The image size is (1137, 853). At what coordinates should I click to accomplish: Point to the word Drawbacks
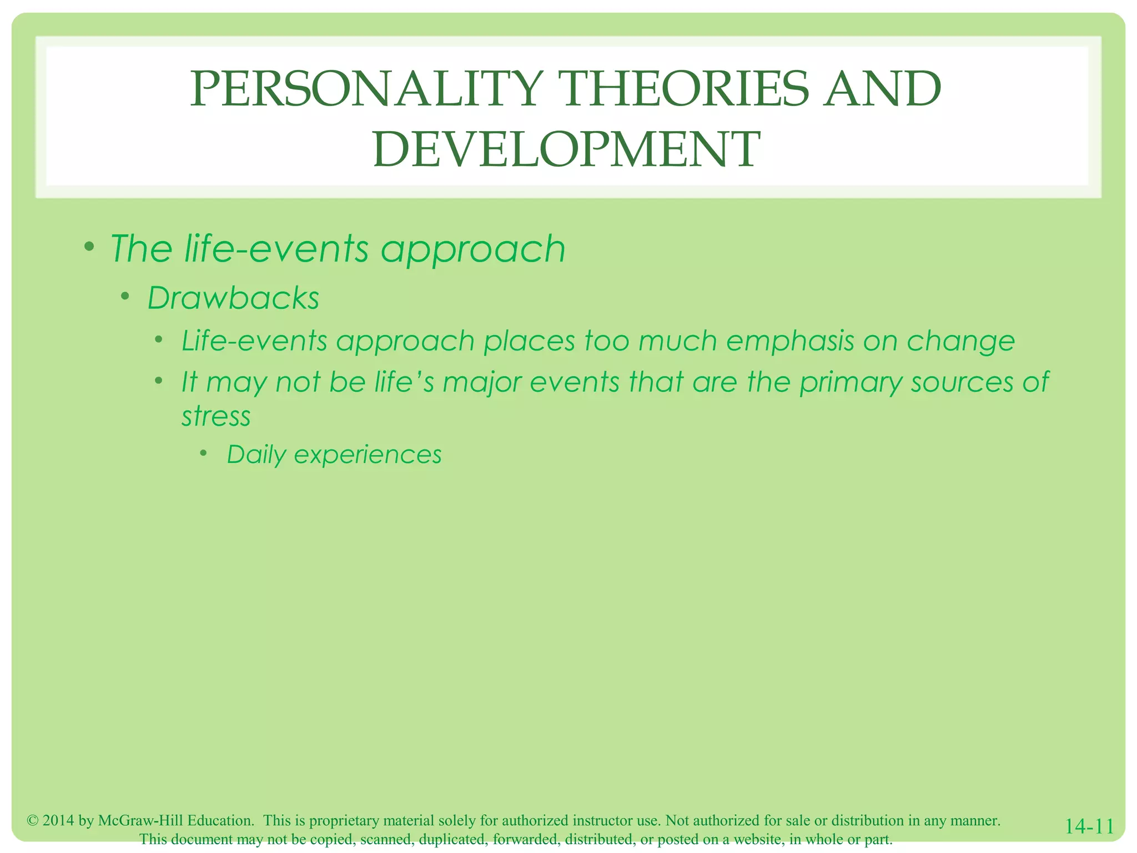[x=233, y=298]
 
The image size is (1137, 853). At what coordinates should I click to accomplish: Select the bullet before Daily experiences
[x=204, y=454]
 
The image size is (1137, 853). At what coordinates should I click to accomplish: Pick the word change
[x=960, y=342]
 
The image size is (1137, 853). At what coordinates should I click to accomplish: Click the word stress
[x=216, y=417]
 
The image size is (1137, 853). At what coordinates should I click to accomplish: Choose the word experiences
[x=368, y=455]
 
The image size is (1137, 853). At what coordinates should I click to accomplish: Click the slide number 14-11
[x=1089, y=827]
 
